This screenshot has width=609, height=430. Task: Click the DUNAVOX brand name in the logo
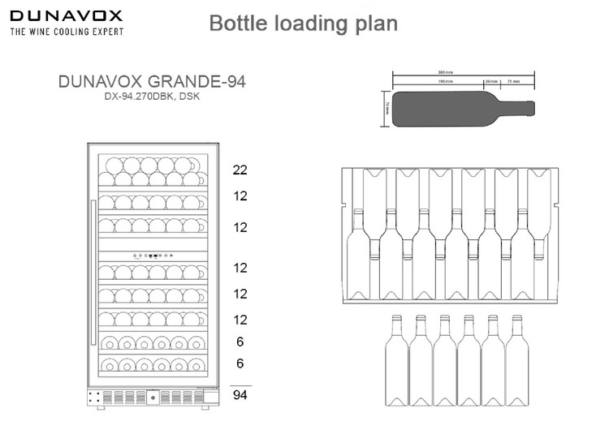click(x=66, y=15)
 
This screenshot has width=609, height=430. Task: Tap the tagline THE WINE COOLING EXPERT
click(x=66, y=32)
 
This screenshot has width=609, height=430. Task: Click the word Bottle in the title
click(x=237, y=23)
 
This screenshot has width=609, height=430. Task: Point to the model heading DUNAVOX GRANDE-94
click(x=152, y=82)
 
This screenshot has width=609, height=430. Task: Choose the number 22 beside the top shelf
click(x=239, y=170)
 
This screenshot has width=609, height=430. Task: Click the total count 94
click(x=239, y=395)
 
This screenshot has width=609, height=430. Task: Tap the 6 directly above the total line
click(x=240, y=363)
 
